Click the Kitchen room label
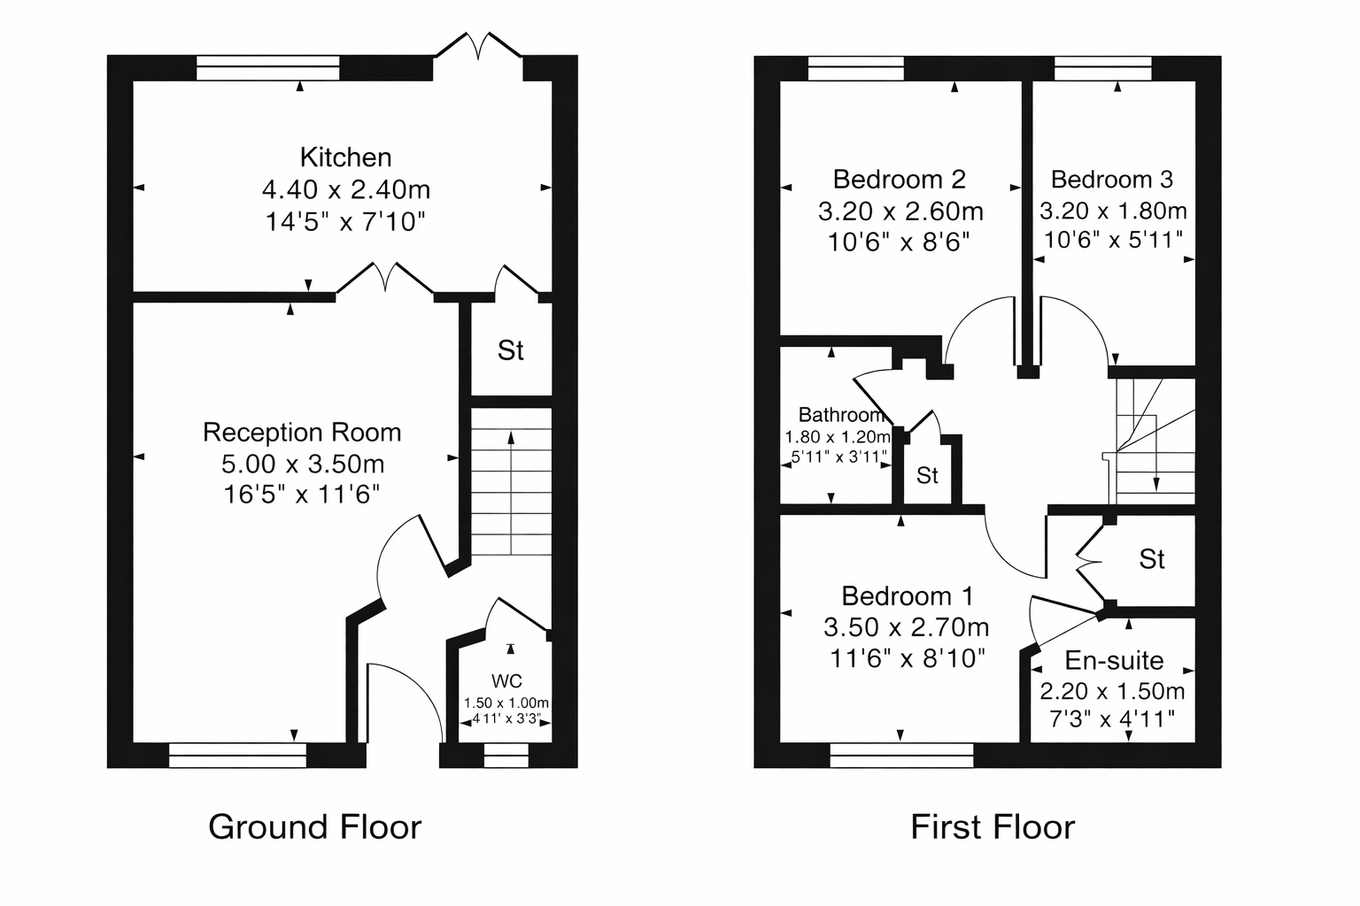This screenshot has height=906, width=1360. pyautogui.click(x=345, y=157)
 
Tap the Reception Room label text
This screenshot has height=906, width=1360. pyautogui.click(x=302, y=433)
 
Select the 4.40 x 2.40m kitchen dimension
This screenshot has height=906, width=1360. pyautogui.click(x=346, y=190)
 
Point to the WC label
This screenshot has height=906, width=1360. pyautogui.click(x=507, y=681)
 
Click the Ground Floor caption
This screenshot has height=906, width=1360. pyautogui.click(x=314, y=827)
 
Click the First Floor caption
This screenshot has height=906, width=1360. pyautogui.click(x=993, y=827)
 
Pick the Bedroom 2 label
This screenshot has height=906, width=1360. pyautogui.click(x=900, y=180)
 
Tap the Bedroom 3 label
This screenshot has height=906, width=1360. pyautogui.click(x=1112, y=180)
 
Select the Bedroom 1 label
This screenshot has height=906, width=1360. pyautogui.click(x=907, y=596)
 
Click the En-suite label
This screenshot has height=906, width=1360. pyautogui.click(x=1114, y=661)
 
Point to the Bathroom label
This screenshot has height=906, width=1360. pyautogui.click(x=841, y=414)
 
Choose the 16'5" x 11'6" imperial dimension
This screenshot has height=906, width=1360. pyautogui.click(x=302, y=495)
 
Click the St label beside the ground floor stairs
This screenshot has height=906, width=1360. pyautogui.click(x=511, y=350)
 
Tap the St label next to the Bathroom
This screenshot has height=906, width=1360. pyautogui.click(x=927, y=476)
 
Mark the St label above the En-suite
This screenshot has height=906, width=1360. pyautogui.click(x=1152, y=559)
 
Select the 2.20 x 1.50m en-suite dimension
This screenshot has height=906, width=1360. pyautogui.click(x=1112, y=691)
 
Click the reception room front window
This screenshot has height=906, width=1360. pyautogui.click(x=237, y=756)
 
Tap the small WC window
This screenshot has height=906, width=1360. pyautogui.click(x=506, y=756)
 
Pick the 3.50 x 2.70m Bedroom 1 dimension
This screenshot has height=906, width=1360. pyautogui.click(x=907, y=627)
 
